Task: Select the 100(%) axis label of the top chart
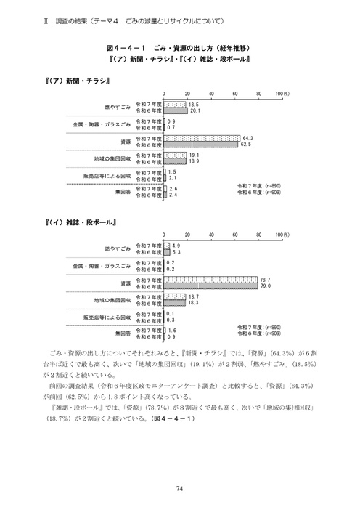pos(282,94)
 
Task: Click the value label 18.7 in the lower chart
pos(193,295)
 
